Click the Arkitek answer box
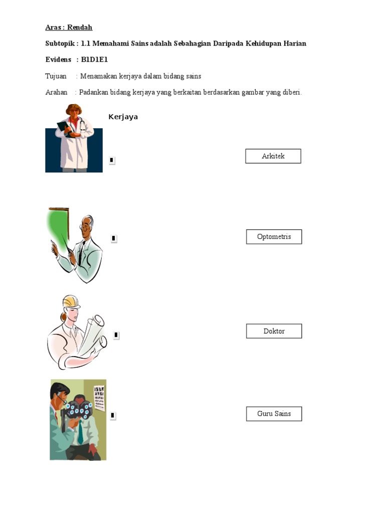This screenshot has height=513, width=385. [273, 156]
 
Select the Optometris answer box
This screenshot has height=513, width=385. [274, 236]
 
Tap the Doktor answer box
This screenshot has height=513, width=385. [274, 331]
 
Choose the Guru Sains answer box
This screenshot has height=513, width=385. [274, 413]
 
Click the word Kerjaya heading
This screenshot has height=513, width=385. [123, 117]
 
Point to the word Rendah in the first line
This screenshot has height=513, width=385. [80, 27]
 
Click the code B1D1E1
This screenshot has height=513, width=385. [94, 60]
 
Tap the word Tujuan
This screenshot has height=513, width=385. [56, 76]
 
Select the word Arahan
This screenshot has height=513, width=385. [56, 92]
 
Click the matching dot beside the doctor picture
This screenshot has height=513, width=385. [112, 160]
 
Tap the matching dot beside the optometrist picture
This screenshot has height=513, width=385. [113, 415]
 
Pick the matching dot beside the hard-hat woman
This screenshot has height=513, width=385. [116, 335]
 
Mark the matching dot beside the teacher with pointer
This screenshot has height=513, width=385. [114, 238]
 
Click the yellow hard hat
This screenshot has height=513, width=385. [71, 302]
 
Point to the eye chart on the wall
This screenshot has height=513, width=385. [99, 397]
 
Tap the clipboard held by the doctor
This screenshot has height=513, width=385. [64, 128]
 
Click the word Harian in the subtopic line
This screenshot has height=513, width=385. [295, 44]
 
